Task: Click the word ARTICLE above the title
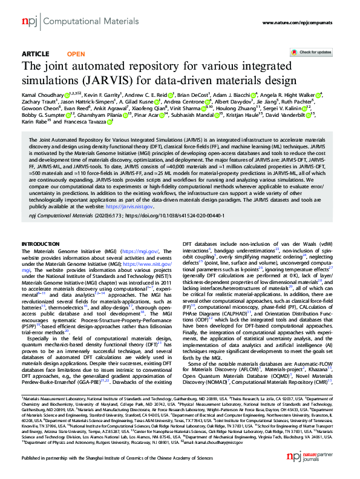(x=35, y=54)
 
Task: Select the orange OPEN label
(x=76, y=54)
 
